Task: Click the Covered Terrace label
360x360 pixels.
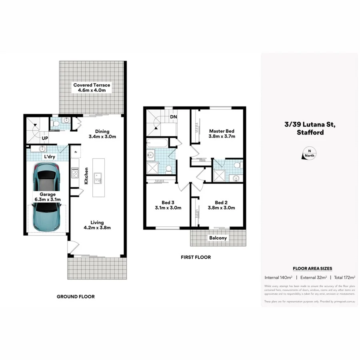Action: pos(92,85)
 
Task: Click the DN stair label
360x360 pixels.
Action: pos(174,117)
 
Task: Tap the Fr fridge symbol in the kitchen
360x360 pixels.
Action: pos(76,152)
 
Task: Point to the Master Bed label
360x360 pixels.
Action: pos(222,131)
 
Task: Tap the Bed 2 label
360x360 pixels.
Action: pos(221,202)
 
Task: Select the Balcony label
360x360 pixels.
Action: pos(218,238)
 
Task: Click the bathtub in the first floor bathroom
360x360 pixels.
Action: pos(157,143)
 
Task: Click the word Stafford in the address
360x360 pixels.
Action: pos(310,132)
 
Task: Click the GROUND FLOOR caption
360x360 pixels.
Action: pos(76,296)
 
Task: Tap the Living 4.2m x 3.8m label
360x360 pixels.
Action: pos(97,225)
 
